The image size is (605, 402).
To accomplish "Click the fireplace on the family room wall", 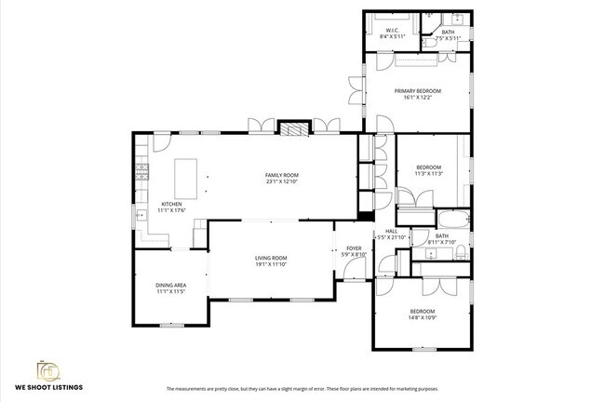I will point(293,129).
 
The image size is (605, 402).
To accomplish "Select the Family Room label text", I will point(281,175).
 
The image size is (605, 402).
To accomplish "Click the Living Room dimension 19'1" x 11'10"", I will point(271,263).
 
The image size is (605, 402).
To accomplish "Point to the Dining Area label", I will point(170,286).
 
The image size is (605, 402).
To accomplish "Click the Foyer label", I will point(354,248).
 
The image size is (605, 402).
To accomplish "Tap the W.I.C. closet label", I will point(392,31).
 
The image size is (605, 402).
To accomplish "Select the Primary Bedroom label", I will point(417,90).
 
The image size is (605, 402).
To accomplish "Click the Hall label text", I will point(391,232).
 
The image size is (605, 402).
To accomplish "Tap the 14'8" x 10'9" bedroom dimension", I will point(422,318).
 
